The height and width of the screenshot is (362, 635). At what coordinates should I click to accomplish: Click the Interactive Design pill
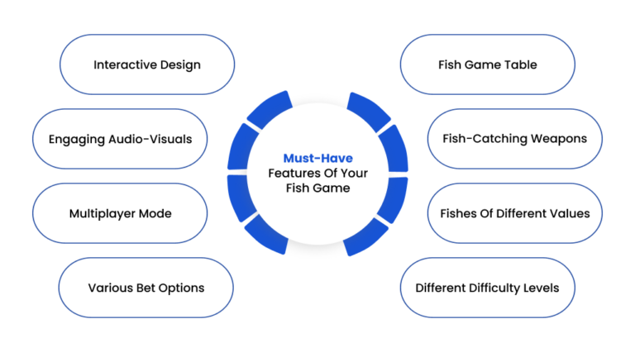tap(147, 64)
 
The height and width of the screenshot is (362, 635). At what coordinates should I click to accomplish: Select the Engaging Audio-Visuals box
tap(120, 139)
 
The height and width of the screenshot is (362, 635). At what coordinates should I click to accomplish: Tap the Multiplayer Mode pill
tap(120, 213)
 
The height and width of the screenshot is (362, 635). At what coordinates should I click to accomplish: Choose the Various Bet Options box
tap(146, 288)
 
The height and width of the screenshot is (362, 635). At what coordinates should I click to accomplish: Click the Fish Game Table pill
tap(488, 64)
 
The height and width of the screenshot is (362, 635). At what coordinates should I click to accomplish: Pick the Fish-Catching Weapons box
tap(515, 139)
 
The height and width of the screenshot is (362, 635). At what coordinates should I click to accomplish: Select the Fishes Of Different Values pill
tap(515, 213)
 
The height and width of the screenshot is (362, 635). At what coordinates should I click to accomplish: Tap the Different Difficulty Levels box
tap(488, 288)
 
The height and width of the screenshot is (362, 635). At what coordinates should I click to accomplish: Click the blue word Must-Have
tap(317, 158)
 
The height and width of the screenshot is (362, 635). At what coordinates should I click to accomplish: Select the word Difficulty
tap(494, 288)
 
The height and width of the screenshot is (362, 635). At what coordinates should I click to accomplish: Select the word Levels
tap(541, 288)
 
